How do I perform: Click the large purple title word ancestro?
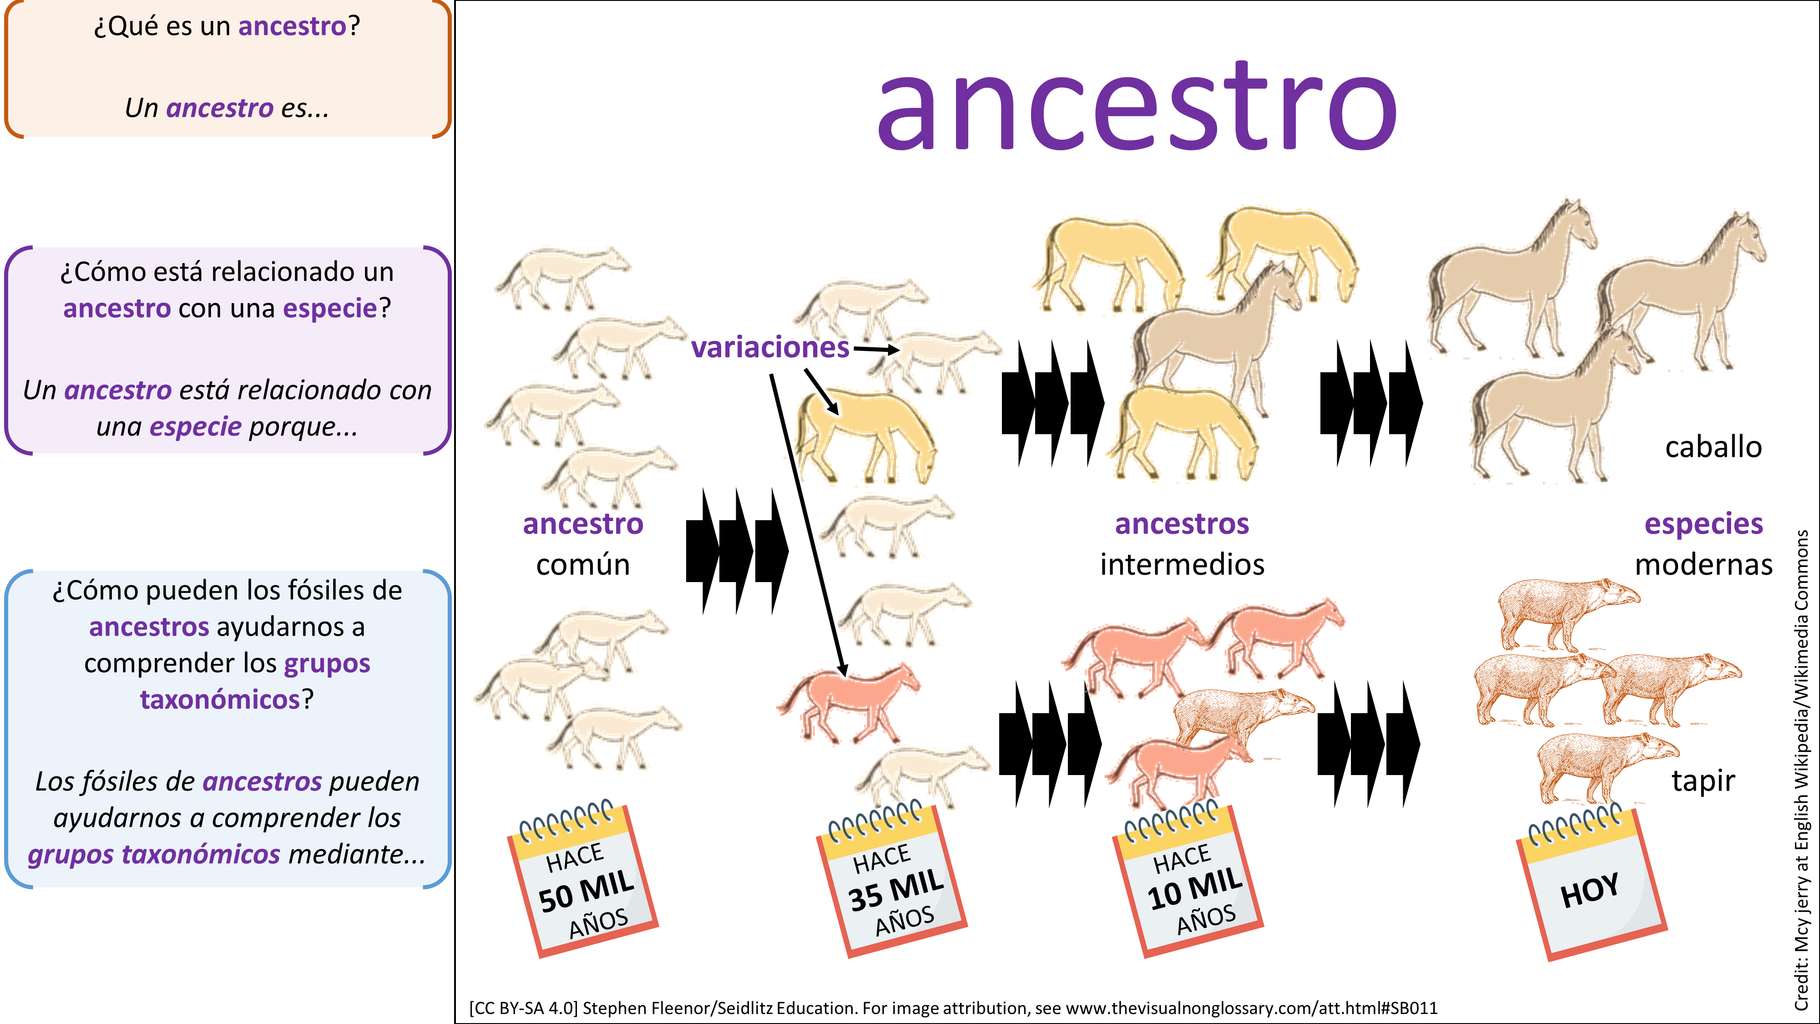(1137, 106)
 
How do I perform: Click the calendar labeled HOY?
(1592, 883)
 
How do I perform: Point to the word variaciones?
(770, 347)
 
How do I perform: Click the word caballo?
(1714, 446)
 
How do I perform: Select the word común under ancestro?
(583, 565)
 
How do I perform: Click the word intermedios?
(1182, 565)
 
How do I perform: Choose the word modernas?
(1704, 565)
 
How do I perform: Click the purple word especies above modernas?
(1704, 524)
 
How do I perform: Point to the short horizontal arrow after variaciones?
(876, 349)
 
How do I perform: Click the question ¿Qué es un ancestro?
(227, 26)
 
